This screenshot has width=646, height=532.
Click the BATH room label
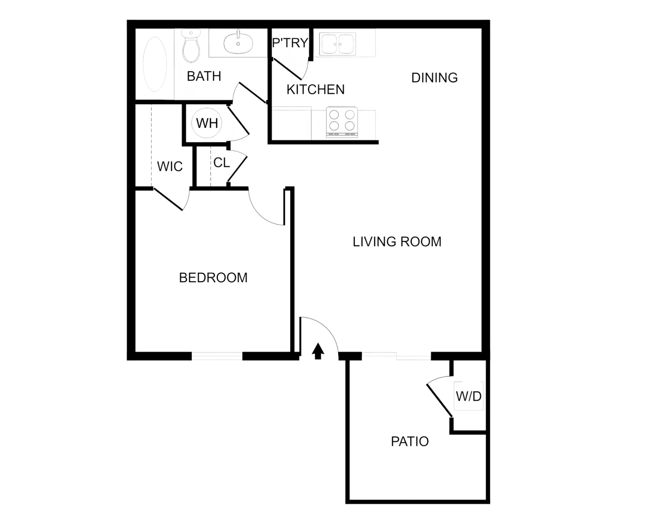click(x=204, y=76)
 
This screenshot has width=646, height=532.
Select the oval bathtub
click(x=155, y=64)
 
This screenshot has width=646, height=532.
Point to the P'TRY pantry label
click(x=290, y=42)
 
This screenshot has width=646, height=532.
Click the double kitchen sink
click(x=337, y=44)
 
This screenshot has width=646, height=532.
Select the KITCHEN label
click(x=316, y=90)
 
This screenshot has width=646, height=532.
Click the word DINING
click(x=434, y=78)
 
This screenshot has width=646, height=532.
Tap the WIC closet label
click(x=170, y=166)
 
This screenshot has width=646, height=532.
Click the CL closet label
click(x=221, y=163)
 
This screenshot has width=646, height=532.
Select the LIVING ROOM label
click(x=397, y=242)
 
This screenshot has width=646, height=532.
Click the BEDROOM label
click(x=213, y=278)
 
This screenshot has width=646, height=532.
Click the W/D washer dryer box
click(x=468, y=396)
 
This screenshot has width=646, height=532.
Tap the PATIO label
click(x=410, y=441)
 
